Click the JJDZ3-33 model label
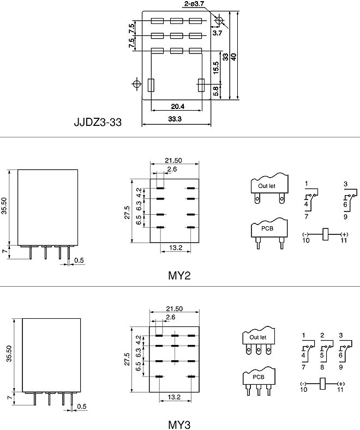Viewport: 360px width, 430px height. coord(98,122)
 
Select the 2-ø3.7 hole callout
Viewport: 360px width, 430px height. coord(194,4)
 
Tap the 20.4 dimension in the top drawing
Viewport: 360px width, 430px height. coord(177,106)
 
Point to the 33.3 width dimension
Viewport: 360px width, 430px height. coord(175,119)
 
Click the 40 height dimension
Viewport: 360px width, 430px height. coord(233,57)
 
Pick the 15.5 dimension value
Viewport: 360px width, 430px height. coord(216,68)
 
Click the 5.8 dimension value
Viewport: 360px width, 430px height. coord(216,91)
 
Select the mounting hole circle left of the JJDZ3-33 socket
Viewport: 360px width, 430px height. coord(136,83)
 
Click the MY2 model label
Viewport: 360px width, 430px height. coord(179,275)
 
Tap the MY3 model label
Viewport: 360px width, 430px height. coord(179,425)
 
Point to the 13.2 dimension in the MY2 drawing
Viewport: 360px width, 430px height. coord(176,247)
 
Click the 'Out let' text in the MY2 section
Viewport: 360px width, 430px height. coord(266,186)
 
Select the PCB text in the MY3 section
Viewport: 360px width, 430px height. coord(259,377)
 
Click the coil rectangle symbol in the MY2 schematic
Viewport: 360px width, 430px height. coord(326,234)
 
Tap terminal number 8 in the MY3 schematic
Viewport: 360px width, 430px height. coord(322,367)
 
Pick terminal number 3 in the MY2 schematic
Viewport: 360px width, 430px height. coord(345,184)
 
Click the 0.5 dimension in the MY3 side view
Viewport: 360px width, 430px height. coord(82,407)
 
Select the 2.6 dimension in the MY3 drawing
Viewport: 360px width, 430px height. coord(170,317)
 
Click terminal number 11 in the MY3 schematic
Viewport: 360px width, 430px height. coord(340,390)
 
